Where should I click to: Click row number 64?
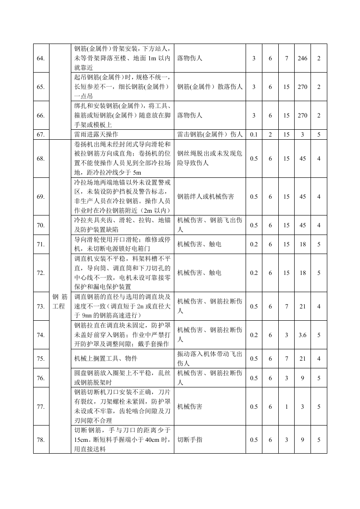click(x=41, y=59)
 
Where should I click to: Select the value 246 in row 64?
click(x=302, y=59)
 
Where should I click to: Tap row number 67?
click(x=41, y=134)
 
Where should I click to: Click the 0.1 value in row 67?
click(x=253, y=134)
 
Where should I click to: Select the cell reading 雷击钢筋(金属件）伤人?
click(x=210, y=134)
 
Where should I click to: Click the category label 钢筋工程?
click(x=59, y=301)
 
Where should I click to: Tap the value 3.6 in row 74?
click(x=302, y=335)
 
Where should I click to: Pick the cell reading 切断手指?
click(x=187, y=440)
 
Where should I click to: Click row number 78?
click(x=41, y=440)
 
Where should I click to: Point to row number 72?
click(x=41, y=273)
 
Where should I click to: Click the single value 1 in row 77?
click(x=286, y=407)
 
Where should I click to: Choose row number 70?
click(x=41, y=225)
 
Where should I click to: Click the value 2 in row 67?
click(x=270, y=134)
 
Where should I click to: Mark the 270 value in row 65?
click(x=302, y=87)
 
